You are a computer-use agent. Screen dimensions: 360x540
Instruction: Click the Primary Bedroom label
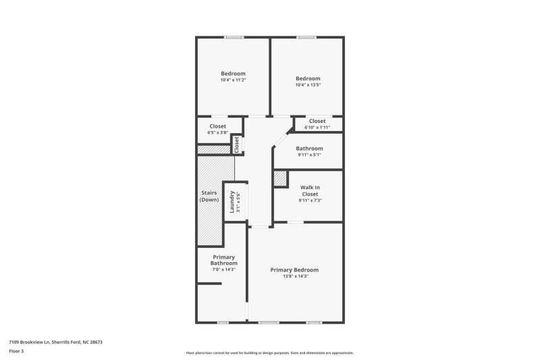point(294,269)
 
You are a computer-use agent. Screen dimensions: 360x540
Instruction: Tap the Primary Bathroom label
point(224,260)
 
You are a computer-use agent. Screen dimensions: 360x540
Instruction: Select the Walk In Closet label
point(310,190)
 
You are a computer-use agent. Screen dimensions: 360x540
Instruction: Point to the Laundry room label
point(232,201)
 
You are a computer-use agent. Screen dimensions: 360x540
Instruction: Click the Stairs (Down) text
point(209,196)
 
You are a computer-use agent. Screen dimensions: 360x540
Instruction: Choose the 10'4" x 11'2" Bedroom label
point(233,74)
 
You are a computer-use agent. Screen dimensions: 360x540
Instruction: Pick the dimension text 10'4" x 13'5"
point(307,85)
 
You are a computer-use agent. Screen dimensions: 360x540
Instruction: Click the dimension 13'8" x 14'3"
point(294,276)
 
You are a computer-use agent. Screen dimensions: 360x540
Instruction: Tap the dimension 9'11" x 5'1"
point(310,155)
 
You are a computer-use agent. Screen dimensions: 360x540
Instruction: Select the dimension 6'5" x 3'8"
point(217,132)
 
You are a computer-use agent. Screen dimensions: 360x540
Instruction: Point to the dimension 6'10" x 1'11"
point(317,127)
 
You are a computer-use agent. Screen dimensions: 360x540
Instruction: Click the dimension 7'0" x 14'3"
point(224,269)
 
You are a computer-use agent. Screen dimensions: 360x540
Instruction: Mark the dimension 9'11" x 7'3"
point(310,200)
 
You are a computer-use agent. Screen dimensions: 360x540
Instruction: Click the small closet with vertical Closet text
point(237,145)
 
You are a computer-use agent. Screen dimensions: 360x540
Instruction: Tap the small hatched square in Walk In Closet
point(280,178)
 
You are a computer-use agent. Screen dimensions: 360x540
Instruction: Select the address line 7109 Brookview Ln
point(55,342)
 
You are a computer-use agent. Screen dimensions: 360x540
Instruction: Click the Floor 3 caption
point(16,352)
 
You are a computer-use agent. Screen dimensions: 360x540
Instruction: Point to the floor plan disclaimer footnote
point(269,353)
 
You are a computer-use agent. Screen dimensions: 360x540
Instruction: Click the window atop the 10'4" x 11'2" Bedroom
point(234,37)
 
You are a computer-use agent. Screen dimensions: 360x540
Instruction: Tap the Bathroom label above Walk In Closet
point(310,148)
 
